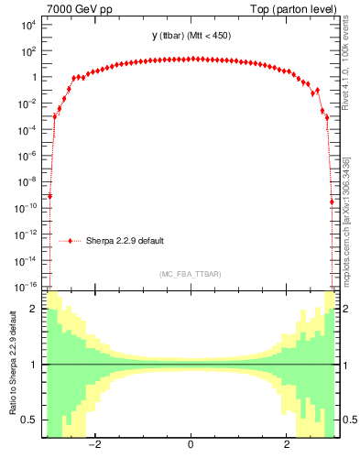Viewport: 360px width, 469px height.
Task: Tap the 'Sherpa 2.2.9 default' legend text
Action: click(x=125, y=241)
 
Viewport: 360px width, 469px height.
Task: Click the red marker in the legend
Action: click(x=71, y=241)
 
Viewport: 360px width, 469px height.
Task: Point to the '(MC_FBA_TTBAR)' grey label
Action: click(x=190, y=274)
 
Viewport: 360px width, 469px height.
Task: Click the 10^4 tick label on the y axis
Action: click(x=27, y=25)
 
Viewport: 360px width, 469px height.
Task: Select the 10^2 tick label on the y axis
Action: click(x=27, y=51)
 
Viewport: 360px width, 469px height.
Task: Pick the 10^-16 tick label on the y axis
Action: click(x=26, y=286)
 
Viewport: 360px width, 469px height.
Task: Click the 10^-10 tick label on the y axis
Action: click(x=26, y=208)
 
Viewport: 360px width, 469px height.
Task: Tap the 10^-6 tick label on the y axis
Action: click(x=27, y=156)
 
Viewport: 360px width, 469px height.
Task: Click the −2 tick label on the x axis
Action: click(x=93, y=445)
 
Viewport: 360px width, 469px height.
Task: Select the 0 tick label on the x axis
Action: click(x=190, y=445)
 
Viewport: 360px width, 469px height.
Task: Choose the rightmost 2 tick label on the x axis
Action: click(x=287, y=445)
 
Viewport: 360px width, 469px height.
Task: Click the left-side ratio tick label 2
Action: click(x=35, y=310)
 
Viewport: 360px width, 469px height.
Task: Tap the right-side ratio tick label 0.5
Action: click(x=347, y=420)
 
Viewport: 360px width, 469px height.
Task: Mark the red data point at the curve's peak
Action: click(x=190, y=59)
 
